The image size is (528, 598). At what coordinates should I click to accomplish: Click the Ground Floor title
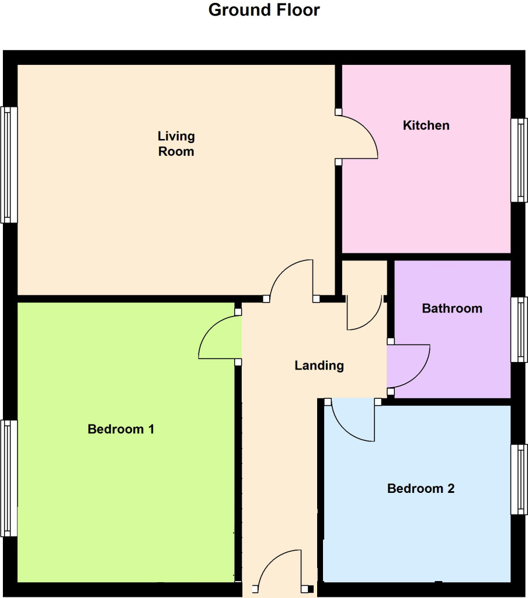point(264,11)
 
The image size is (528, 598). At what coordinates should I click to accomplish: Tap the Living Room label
point(176,144)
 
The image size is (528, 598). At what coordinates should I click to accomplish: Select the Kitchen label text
point(426,125)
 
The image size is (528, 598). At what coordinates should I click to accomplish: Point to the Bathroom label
point(452,308)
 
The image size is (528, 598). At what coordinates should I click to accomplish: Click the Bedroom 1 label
point(121,429)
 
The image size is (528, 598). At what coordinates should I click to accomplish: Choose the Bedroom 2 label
point(421,488)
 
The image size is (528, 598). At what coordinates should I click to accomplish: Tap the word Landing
point(319,366)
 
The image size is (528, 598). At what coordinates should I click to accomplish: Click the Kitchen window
point(519,160)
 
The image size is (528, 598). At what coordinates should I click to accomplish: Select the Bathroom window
point(519,329)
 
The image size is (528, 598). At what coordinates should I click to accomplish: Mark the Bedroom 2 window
point(519,479)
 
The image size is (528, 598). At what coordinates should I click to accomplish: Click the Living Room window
point(8,164)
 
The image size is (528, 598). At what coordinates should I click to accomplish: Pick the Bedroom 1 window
point(8,478)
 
